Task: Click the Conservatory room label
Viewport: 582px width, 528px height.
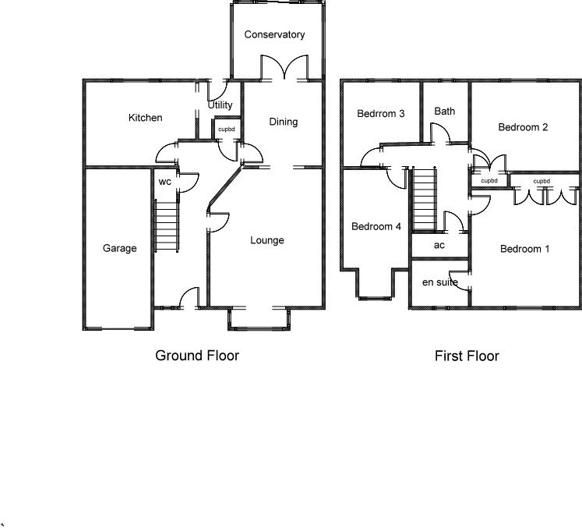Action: coord(274,35)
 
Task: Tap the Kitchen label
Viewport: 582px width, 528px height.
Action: coord(146,118)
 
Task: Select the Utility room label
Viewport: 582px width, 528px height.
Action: coord(220,105)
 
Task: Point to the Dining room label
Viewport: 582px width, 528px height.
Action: coord(284,122)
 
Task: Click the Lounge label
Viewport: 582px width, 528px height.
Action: coord(266,240)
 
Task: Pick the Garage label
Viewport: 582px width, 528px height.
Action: coord(119,249)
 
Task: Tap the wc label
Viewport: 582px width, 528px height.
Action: coord(164,182)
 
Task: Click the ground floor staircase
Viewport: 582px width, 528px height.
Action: coord(168,226)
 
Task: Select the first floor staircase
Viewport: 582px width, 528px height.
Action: coord(423,200)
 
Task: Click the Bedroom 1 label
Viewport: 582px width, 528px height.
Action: coord(524,250)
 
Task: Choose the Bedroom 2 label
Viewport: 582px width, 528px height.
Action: coord(523,127)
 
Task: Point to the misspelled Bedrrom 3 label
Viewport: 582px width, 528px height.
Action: coord(380,114)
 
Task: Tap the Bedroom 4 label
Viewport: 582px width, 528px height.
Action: coord(376,227)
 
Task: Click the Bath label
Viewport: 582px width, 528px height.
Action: coord(445,112)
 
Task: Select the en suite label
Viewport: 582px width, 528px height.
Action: coord(439,282)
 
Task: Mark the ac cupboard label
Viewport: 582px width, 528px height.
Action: coord(439,245)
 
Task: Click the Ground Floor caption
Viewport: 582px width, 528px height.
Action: coord(197,356)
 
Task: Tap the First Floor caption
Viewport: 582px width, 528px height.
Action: coord(467,356)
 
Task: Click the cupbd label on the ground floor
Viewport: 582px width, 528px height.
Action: coord(226,129)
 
